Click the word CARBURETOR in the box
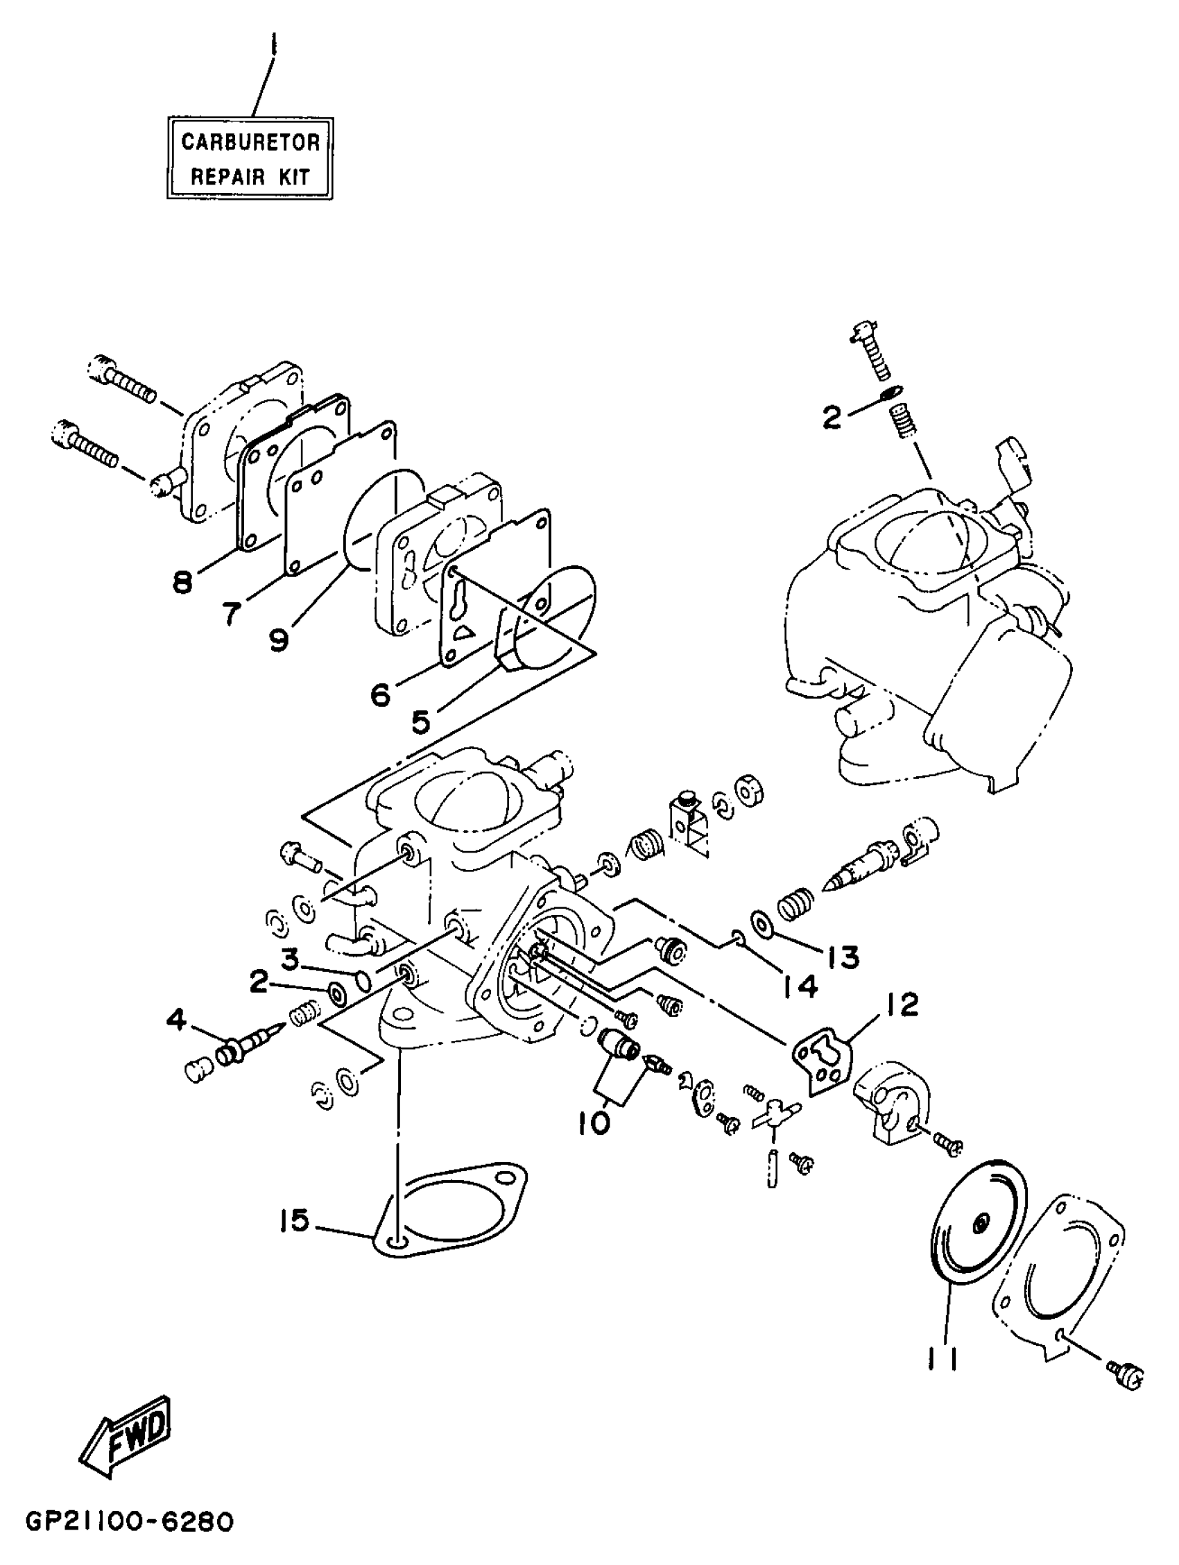click(x=250, y=142)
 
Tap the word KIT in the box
click(x=293, y=177)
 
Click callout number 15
click(x=293, y=1220)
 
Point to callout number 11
click(x=943, y=1358)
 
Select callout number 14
click(x=800, y=986)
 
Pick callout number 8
click(x=182, y=583)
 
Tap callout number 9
click(x=279, y=640)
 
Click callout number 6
click(x=381, y=696)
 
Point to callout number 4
click(x=176, y=1020)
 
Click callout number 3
click(x=289, y=959)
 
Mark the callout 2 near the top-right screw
click(x=832, y=418)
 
